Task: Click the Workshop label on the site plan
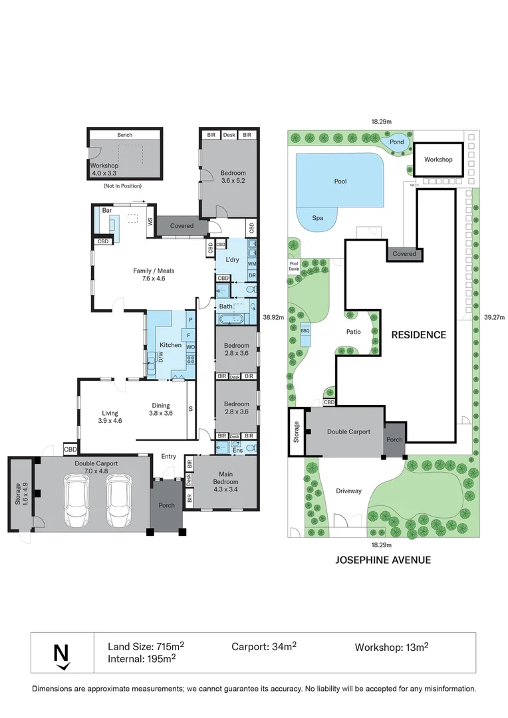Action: coord(438,160)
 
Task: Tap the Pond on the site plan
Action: coord(396,142)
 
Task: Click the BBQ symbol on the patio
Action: coord(305,330)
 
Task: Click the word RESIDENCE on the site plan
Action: coord(418,334)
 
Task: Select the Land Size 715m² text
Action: coord(146,646)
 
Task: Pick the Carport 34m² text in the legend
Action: coord(264,646)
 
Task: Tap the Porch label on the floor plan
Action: coord(166,505)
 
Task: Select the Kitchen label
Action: coord(170,345)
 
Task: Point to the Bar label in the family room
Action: coord(106,211)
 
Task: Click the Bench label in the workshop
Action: coord(125,135)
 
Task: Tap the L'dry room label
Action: coord(232,259)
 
